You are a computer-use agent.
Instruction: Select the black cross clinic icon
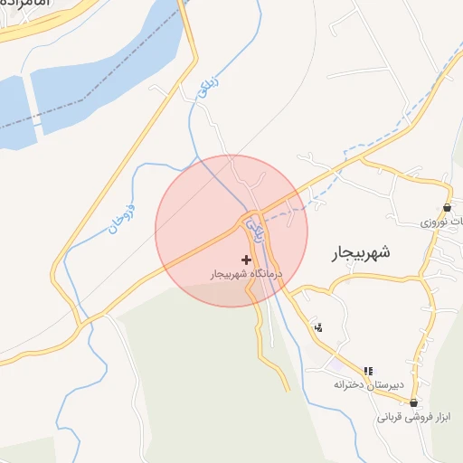[246, 260]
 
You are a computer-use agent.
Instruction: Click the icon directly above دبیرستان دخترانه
[367, 371]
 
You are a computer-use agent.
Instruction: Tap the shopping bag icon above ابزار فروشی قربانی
[413, 402]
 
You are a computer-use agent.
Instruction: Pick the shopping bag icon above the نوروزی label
[447, 207]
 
